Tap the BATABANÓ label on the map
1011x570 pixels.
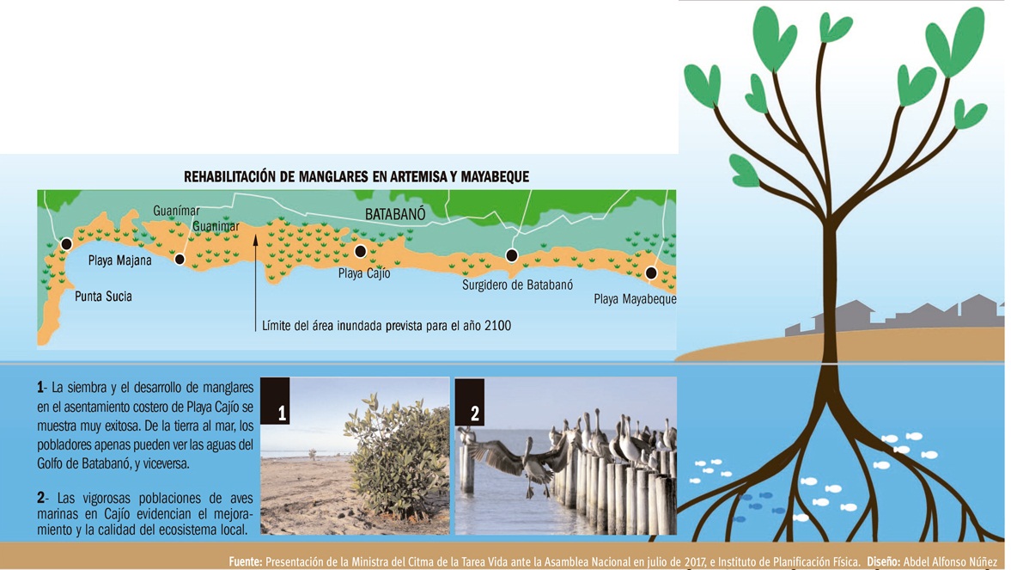click(x=395, y=214)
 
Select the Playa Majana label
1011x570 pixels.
click(x=120, y=260)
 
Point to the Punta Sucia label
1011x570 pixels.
click(x=103, y=297)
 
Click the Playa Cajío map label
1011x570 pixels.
click(x=364, y=273)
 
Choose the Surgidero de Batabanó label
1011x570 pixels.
click(x=517, y=285)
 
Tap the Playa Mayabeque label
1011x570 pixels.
click(x=635, y=299)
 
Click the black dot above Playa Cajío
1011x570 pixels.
click(x=361, y=251)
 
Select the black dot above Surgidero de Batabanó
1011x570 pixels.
click(x=511, y=255)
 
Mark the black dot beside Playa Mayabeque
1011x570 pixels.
click(x=651, y=273)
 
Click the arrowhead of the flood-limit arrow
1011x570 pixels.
click(x=255, y=240)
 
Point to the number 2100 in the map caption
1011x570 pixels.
click(x=497, y=326)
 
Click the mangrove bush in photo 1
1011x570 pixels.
click(x=397, y=457)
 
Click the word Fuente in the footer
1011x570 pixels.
click(x=246, y=562)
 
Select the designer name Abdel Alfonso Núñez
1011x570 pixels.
click(x=950, y=562)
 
